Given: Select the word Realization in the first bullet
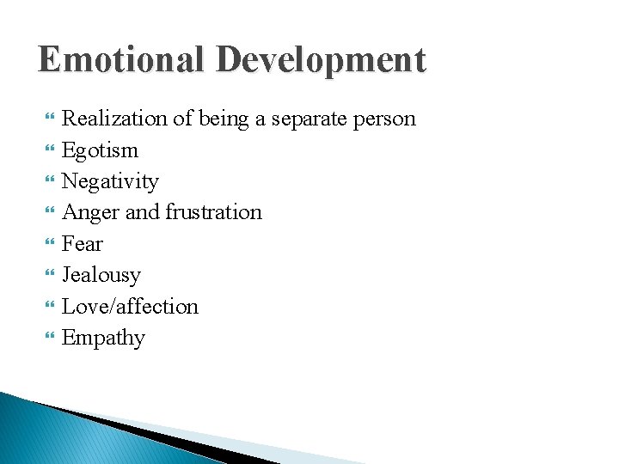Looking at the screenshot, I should pyautogui.click(x=115, y=119).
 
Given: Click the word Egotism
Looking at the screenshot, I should pyautogui.click(x=100, y=150).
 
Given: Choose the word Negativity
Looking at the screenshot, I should pyautogui.click(x=110, y=181).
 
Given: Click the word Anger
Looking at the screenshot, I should pyautogui.click(x=91, y=212).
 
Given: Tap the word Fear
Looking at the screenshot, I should pyautogui.click(x=83, y=244).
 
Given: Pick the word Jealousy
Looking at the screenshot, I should pyautogui.click(x=101, y=275).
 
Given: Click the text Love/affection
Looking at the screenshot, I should pyautogui.click(x=130, y=307).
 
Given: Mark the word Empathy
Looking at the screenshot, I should pyautogui.click(x=103, y=339).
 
